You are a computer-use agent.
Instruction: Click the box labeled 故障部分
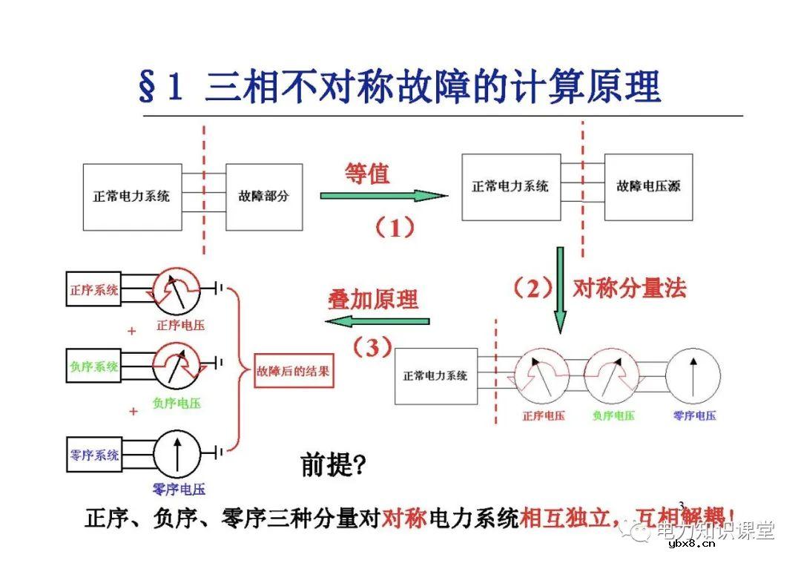264,197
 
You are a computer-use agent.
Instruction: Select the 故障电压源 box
648,187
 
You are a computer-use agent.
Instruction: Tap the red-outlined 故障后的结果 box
293,369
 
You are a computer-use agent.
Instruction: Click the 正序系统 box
93,289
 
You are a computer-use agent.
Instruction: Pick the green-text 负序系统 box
93,366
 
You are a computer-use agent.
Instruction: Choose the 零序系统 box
93,454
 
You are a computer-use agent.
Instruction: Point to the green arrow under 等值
383,196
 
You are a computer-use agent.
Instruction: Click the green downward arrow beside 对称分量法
560,289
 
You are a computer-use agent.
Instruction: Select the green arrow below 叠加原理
378,321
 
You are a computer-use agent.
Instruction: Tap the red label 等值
366,174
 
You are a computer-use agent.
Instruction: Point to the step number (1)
393,228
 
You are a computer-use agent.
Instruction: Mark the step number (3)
371,347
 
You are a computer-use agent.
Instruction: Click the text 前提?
333,464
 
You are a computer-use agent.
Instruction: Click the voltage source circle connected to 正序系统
177,289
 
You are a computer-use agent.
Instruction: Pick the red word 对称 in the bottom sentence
404,518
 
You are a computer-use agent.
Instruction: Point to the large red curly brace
239,369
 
